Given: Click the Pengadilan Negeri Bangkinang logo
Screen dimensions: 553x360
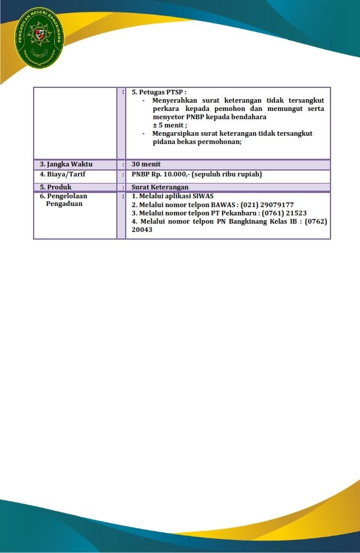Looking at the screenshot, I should [41, 38].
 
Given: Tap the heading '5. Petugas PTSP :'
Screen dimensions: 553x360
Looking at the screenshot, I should [159, 92].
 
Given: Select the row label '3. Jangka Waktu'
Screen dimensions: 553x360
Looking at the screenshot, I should [66, 164].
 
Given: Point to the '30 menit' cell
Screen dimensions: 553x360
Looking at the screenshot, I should [146, 164].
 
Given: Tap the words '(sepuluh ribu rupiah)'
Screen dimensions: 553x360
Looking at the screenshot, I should [227, 174].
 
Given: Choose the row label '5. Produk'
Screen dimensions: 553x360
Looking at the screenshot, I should [55, 187].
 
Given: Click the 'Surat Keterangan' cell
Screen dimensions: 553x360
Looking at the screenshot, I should [160, 187].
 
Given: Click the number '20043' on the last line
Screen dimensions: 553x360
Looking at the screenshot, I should [142, 230].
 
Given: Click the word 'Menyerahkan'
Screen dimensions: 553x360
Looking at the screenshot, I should [175, 100].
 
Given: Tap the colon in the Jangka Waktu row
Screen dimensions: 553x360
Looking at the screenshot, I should [123, 164].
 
